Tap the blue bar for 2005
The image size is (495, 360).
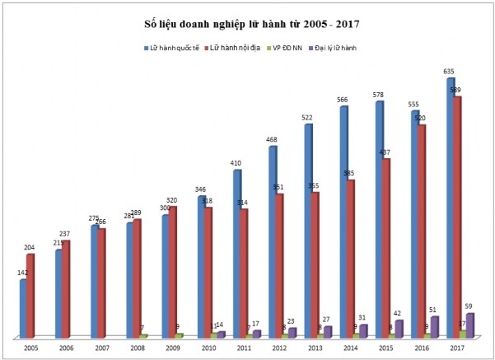point(23,309)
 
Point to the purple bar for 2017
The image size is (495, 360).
point(470,325)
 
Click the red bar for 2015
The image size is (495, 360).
point(385,247)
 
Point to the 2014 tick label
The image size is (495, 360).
point(349,348)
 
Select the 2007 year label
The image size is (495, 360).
point(101,348)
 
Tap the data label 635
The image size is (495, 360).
point(451,72)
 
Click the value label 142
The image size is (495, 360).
point(22,274)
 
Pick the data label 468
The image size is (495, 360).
point(273,139)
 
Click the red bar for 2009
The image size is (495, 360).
point(173,272)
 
